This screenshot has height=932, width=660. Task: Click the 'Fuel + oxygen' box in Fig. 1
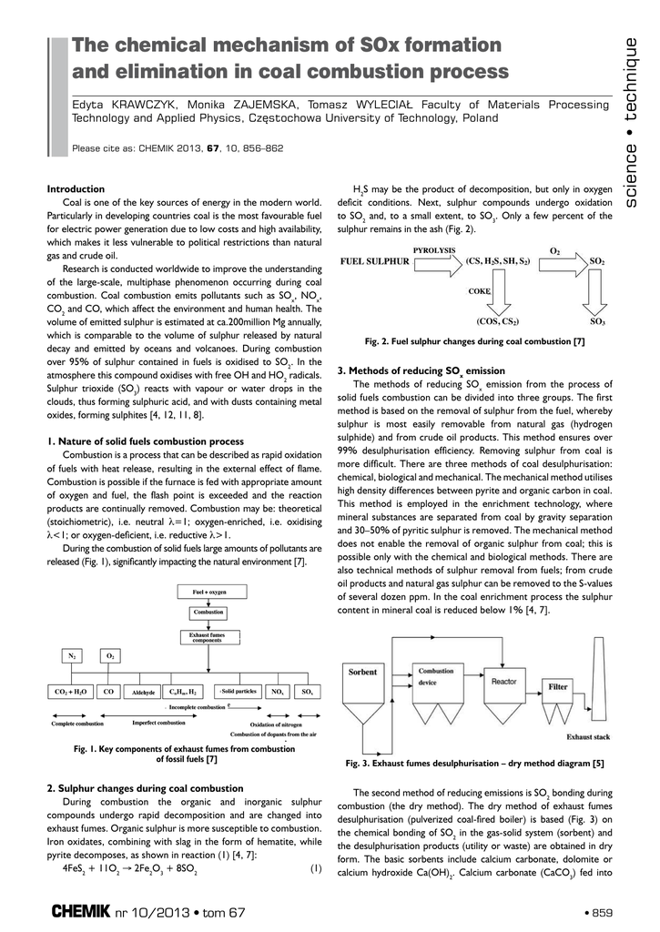click(x=208, y=592)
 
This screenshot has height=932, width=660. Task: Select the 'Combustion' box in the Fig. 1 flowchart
click(x=208, y=613)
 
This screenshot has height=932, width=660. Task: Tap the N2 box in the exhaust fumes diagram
click(x=72, y=655)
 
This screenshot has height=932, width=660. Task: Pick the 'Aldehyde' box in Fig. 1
click(x=143, y=692)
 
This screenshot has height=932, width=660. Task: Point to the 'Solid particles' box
click(x=239, y=691)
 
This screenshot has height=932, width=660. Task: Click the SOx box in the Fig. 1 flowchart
click(x=308, y=692)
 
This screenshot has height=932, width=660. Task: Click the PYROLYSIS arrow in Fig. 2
click(x=436, y=261)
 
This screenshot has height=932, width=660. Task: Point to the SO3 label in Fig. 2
click(x=597, y=321)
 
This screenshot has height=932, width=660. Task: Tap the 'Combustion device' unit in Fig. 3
click(x=434, y=683)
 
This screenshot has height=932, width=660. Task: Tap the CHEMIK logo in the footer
click(x=81, y=911)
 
